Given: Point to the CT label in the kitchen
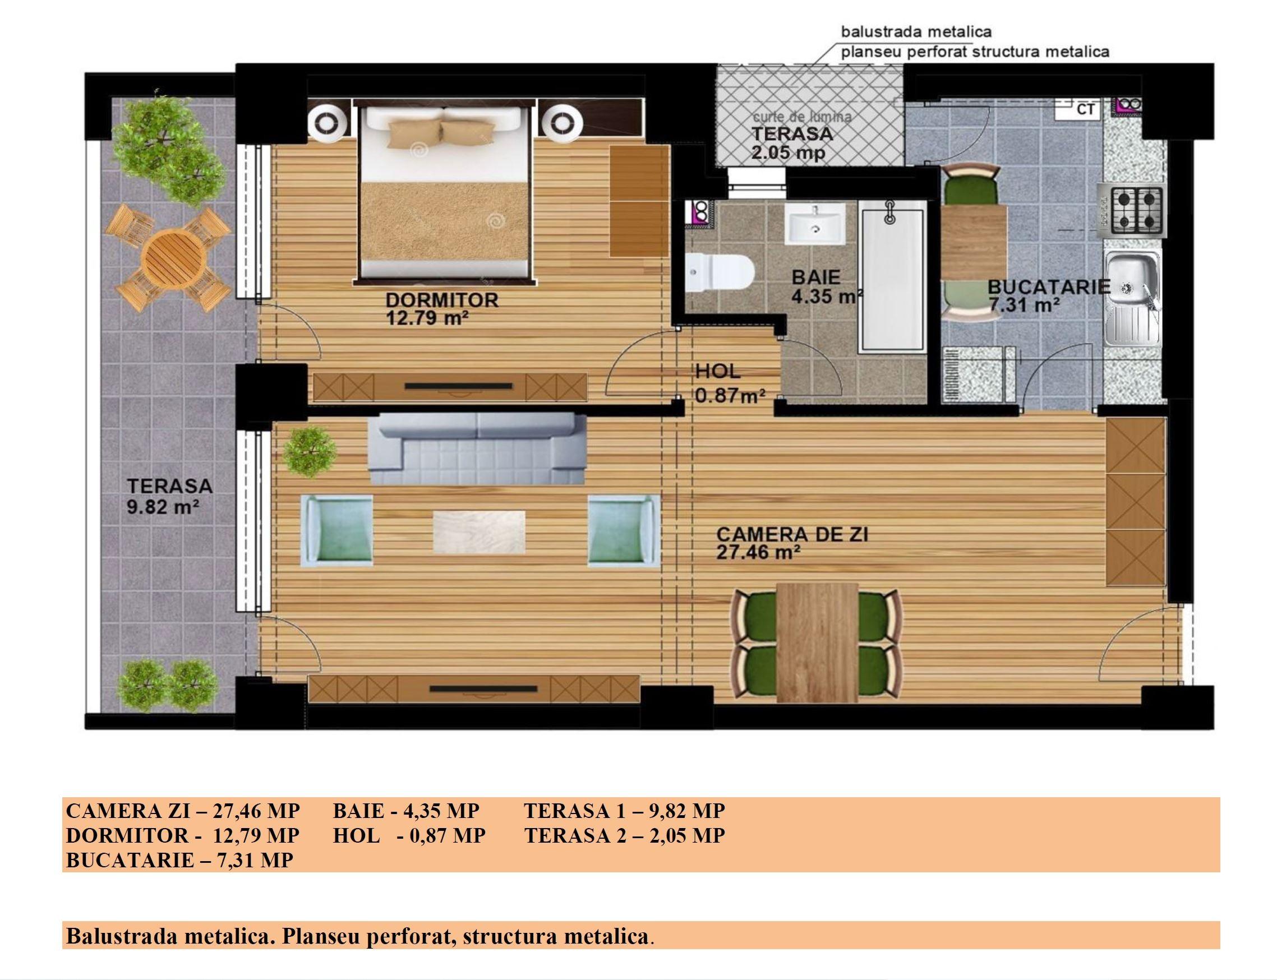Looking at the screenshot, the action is point(1085,109).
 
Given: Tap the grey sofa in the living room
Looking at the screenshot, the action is point(477,449).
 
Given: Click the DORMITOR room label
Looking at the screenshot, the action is point(442,300).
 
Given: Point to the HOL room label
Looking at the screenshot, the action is point(717,371).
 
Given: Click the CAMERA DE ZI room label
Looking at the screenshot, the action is point(792,534).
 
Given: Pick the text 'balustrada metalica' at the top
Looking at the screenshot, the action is point(916,31).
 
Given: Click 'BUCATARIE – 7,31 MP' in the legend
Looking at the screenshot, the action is point(179,860).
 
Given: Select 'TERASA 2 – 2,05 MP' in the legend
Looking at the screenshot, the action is point(625,835).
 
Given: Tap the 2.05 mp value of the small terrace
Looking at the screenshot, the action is point(788,153).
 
